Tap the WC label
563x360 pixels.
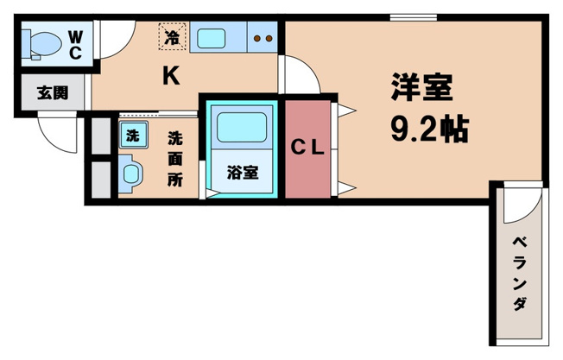point(75,44)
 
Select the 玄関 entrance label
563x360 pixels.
point(53,93)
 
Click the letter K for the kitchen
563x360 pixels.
point(171,77)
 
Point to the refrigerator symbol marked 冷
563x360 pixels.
point(172,37)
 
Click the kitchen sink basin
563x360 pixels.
point(212,38)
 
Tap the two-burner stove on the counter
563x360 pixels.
point(264,38)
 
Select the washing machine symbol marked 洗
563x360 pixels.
point(131,135)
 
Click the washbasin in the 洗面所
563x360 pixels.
point(130,172)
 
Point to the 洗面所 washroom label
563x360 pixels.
point(174,159)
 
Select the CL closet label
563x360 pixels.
point(307,148)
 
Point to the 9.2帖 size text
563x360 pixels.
point(429,129)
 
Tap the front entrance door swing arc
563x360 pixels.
point(54,133)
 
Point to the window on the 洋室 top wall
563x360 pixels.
point(411,16)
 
